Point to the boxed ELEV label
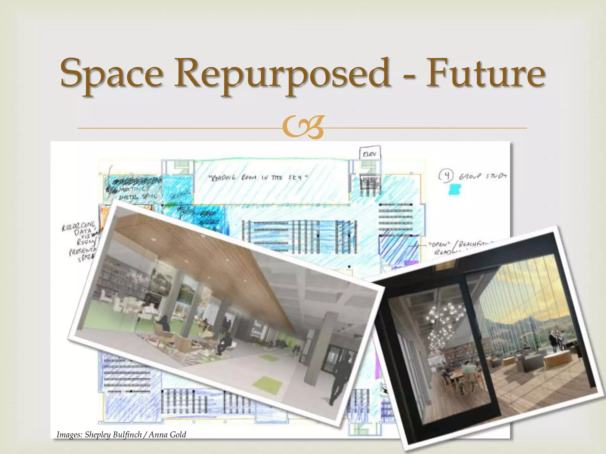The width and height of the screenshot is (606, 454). tap(370, 154)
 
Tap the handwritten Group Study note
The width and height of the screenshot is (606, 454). tap(482, 176)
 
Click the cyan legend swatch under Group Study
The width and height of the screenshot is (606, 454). tap(455, 189)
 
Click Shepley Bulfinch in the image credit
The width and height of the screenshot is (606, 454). tap(113, 434)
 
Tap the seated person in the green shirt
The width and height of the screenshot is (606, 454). tap(468, 369)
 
